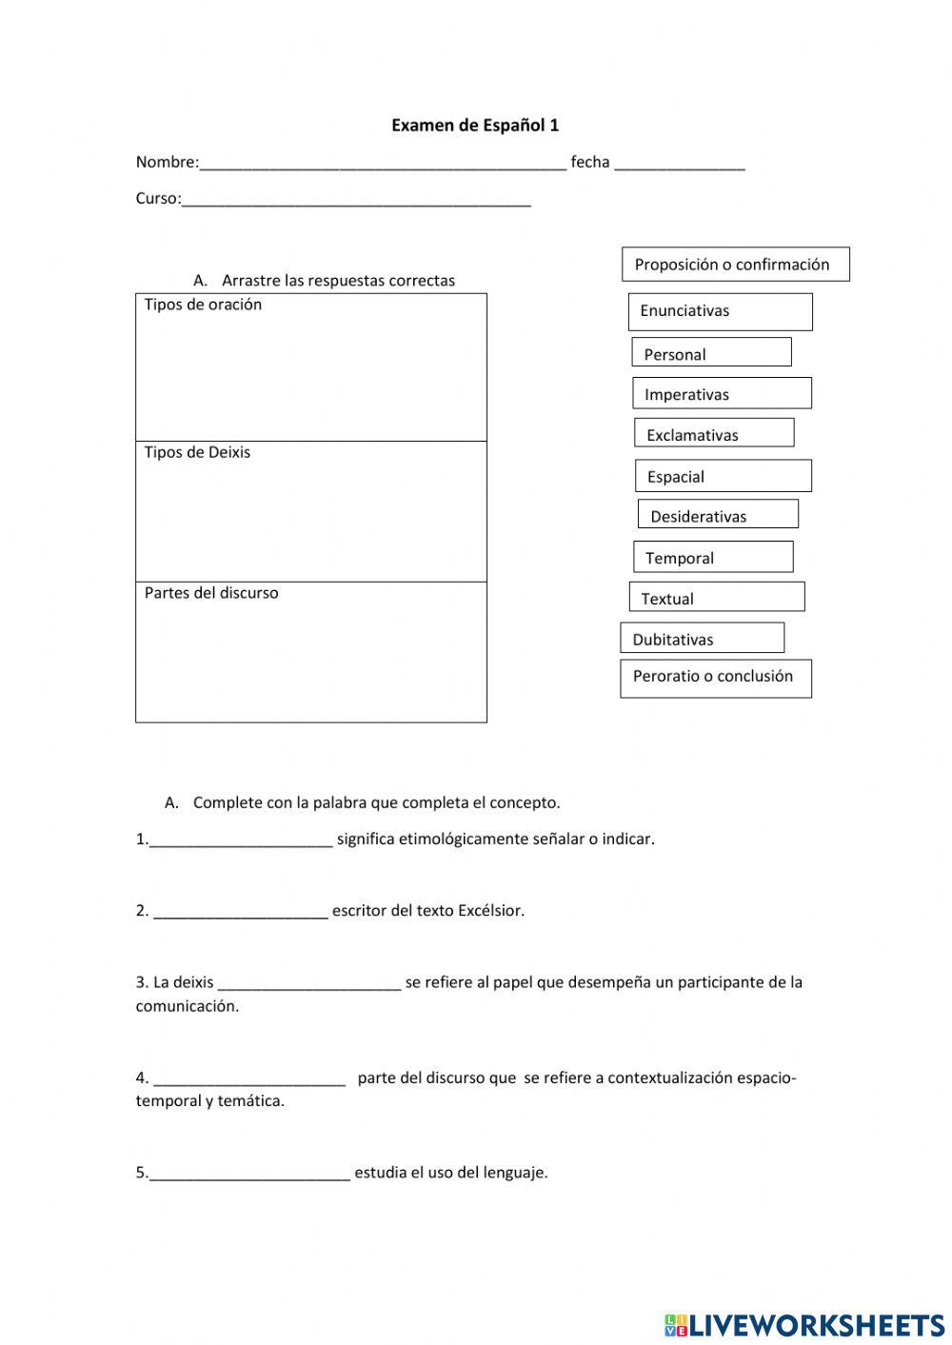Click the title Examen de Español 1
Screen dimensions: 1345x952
click(x=475, y=125)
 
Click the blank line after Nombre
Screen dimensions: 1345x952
click(x=383, y=164)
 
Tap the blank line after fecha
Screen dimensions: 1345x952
click(x=680, y=164)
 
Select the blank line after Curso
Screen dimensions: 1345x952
click(x=356, y=200)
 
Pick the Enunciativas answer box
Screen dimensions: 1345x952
click(x=720, y=311)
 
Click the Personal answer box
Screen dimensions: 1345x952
click(x=711, y=352)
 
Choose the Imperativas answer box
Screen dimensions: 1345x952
click(x=722, y=393)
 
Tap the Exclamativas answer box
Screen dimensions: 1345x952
click(x=714, y=433)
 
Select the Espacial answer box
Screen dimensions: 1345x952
click(x=724, y=476)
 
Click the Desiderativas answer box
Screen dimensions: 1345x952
click(x=718, y=515)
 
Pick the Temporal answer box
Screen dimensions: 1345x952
click(x=713, y=557)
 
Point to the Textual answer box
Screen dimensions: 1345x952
click(x=716, y=597)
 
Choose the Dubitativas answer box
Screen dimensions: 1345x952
click(x=702, y=638)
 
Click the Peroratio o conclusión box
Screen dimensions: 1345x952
click(x=716, y=678)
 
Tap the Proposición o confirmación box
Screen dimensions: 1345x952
click(x=735, y=265)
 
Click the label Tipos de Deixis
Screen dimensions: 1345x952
click(x=197, y=452)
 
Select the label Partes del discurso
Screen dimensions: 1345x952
click(x=211, y=593)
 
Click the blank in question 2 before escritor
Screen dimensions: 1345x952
click(x=241, y=912)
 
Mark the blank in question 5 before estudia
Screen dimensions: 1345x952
click(x=250, y=1174)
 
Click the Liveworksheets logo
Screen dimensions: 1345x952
click(x=803, y=1324)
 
